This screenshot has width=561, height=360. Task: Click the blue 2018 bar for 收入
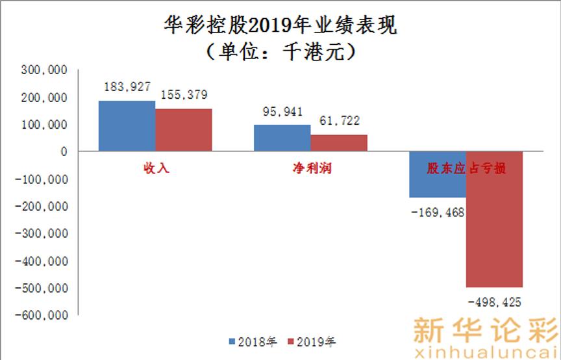coord(127,126)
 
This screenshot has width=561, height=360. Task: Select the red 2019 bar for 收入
coord(184,130)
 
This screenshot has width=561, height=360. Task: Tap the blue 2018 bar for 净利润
coord(282,138)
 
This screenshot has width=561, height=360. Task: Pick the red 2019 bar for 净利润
coord(339,143)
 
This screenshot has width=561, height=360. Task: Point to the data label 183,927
coord(128,87)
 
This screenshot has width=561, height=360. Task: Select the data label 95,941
coord(280,111)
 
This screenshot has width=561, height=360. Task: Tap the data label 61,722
coord(338,120)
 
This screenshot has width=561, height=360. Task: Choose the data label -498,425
coord(494,302)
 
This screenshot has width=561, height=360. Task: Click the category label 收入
coord(156,168)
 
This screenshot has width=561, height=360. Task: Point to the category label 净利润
coord(310,168)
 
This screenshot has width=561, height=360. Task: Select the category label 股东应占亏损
coord(466,168)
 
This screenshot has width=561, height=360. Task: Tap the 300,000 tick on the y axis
coord(46,70)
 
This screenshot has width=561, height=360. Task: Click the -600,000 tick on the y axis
coord(44,315)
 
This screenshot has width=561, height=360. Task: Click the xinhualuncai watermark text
coord(485,351)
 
